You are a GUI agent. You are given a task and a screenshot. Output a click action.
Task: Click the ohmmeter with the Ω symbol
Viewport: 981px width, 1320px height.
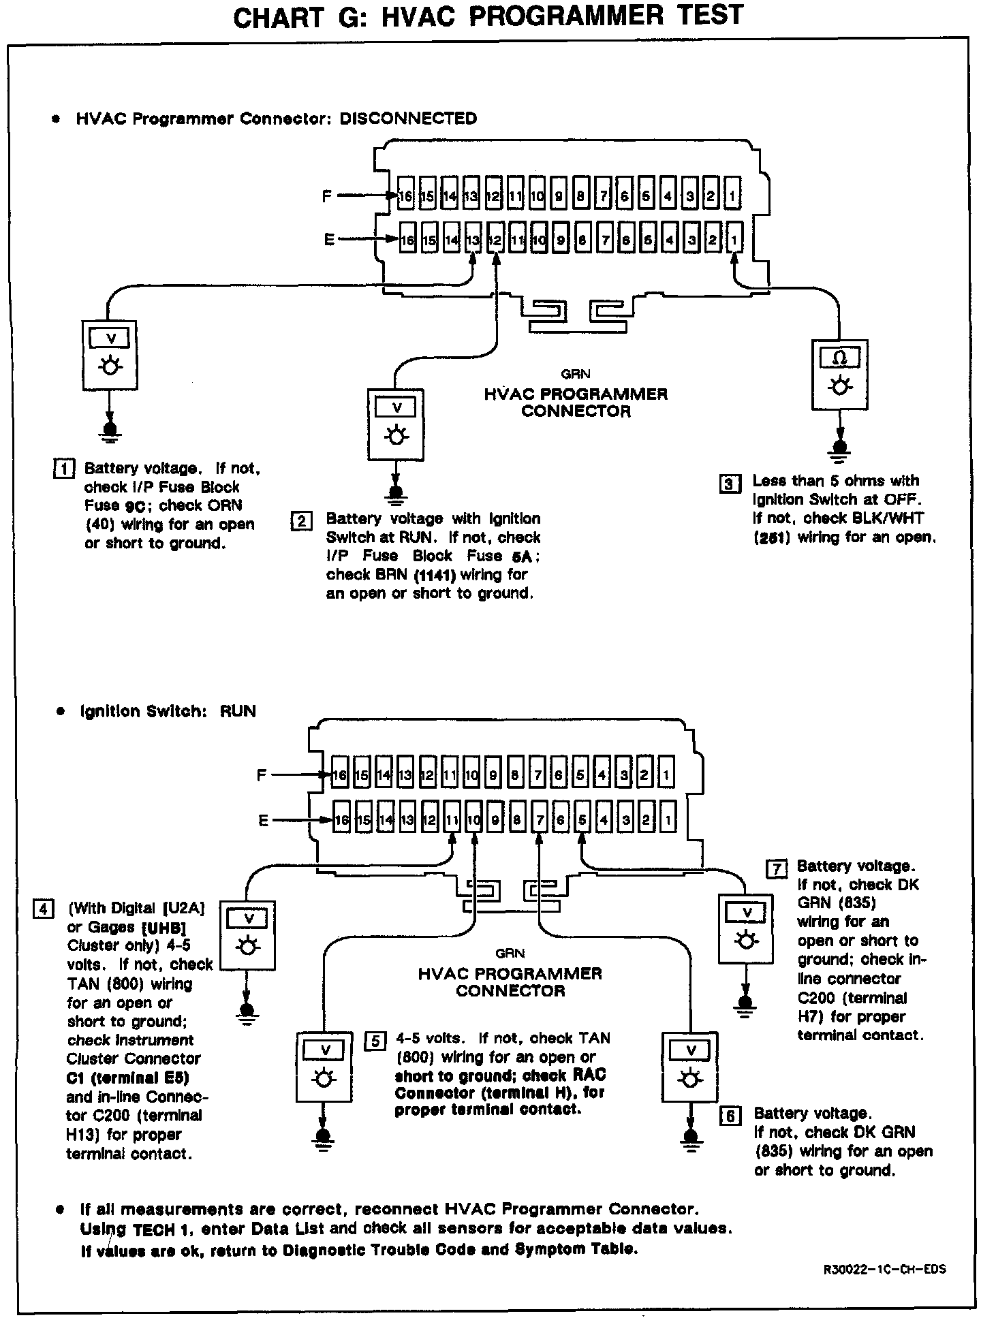point(840,375)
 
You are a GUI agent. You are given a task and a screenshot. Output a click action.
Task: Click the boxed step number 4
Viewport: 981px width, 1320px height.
point(43,909)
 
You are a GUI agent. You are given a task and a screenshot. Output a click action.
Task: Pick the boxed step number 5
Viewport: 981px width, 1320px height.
point(375,1041)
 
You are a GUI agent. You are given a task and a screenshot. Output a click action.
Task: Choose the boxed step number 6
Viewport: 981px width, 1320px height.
point(730,1116)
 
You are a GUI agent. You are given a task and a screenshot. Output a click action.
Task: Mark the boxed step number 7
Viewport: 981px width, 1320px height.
point(777,868)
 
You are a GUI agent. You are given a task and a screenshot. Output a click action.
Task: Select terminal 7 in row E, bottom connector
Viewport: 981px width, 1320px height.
point(539,819)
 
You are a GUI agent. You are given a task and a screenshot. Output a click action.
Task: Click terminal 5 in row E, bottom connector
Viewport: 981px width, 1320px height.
point(582,819)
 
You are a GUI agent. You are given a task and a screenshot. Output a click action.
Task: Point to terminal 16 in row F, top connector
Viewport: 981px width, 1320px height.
point(406,197)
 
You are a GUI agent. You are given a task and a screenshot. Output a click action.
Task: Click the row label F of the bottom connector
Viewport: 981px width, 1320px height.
point(261,775)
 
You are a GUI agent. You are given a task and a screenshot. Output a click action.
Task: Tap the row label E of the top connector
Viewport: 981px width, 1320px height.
point(329,240)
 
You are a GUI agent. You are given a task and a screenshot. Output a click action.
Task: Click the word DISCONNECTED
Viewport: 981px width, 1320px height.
point(408,119)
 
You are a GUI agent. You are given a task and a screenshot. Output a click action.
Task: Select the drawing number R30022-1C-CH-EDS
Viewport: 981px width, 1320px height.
point(884,1270)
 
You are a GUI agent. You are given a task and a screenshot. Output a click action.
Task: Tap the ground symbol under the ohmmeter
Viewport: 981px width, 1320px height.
point(840,450)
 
